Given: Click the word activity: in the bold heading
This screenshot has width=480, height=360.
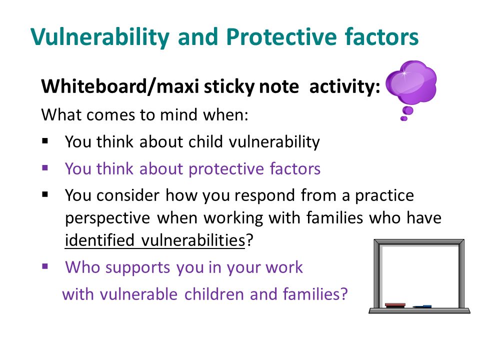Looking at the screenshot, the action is pyautogui.click(x=344, y=86).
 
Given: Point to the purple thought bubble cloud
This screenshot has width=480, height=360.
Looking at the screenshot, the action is pyautogui.click(x=411, y=81).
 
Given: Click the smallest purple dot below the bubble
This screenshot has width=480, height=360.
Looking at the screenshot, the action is pyautogui.click(x=404, y=119).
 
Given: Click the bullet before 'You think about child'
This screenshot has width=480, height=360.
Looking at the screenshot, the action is pyautogui.click(x=45, y=141).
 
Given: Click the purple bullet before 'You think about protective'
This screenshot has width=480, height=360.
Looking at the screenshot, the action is pyautogui.click(x=45, y=168).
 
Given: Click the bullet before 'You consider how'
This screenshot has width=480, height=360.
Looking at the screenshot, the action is pyautogui.click(x=45, y=194).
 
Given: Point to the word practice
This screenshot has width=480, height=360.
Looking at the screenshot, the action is pyautogui.click(x=384, y=196).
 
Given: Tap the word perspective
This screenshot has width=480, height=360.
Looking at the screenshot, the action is pyautogui.click(x=107, y=218).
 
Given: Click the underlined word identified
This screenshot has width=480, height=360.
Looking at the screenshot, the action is pyautogui.click(x=99, y=240).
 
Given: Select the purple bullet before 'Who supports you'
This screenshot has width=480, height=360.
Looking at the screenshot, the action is pyautogui.click(x=45, y=266).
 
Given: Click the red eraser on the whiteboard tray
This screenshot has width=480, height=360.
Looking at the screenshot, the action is pyautogui.click(x=395, y=305).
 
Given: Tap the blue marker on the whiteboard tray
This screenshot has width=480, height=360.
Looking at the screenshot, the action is pyautogui.click(x=422, y=306).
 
